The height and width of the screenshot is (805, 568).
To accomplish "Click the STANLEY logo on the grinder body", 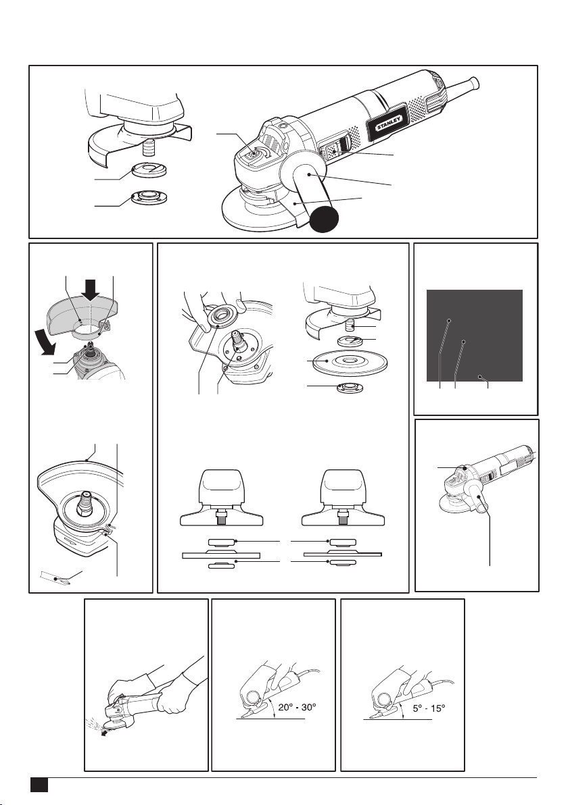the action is [389, 123].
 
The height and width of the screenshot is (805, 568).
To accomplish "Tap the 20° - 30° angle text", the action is [297, 707].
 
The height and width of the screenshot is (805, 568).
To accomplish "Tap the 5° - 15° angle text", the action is [429, 708].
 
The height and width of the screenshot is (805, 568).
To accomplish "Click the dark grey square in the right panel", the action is [475, 335].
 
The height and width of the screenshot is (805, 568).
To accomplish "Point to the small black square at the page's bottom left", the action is [39, 785].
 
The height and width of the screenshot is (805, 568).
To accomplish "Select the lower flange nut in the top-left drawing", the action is [148, 198].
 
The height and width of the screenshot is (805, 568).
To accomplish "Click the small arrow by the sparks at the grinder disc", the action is [106, 734].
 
